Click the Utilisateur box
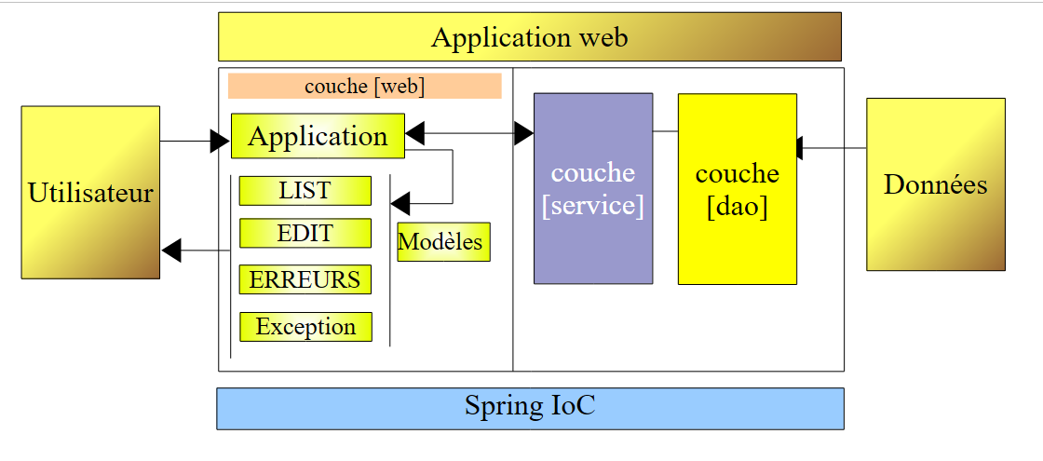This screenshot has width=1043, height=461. point(90,193)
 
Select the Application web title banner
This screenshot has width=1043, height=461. point(529,37)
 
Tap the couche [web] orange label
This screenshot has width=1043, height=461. point(364,87)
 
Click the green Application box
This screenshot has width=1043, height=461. point(318,136)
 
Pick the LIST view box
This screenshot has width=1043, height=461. point(305,190)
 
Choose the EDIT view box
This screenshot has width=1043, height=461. point(305,233)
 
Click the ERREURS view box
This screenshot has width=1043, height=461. point(305,279)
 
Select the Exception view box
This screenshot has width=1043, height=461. point(305,327)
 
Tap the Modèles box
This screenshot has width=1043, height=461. point(443,242)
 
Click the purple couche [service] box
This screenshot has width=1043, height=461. point(592,188)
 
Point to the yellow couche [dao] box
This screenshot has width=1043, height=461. point(737,189)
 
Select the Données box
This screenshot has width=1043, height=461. point(935,184)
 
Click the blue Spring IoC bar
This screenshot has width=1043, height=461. point(530,408)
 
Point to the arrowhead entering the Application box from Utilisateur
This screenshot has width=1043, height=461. point(221,142)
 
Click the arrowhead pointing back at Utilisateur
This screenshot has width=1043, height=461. point(171,251)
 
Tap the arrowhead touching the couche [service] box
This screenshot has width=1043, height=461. point(524,134)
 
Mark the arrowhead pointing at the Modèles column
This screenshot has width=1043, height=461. point(400,202)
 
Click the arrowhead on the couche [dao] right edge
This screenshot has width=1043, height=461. point(799,148)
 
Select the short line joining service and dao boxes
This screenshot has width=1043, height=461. point(665,132)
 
